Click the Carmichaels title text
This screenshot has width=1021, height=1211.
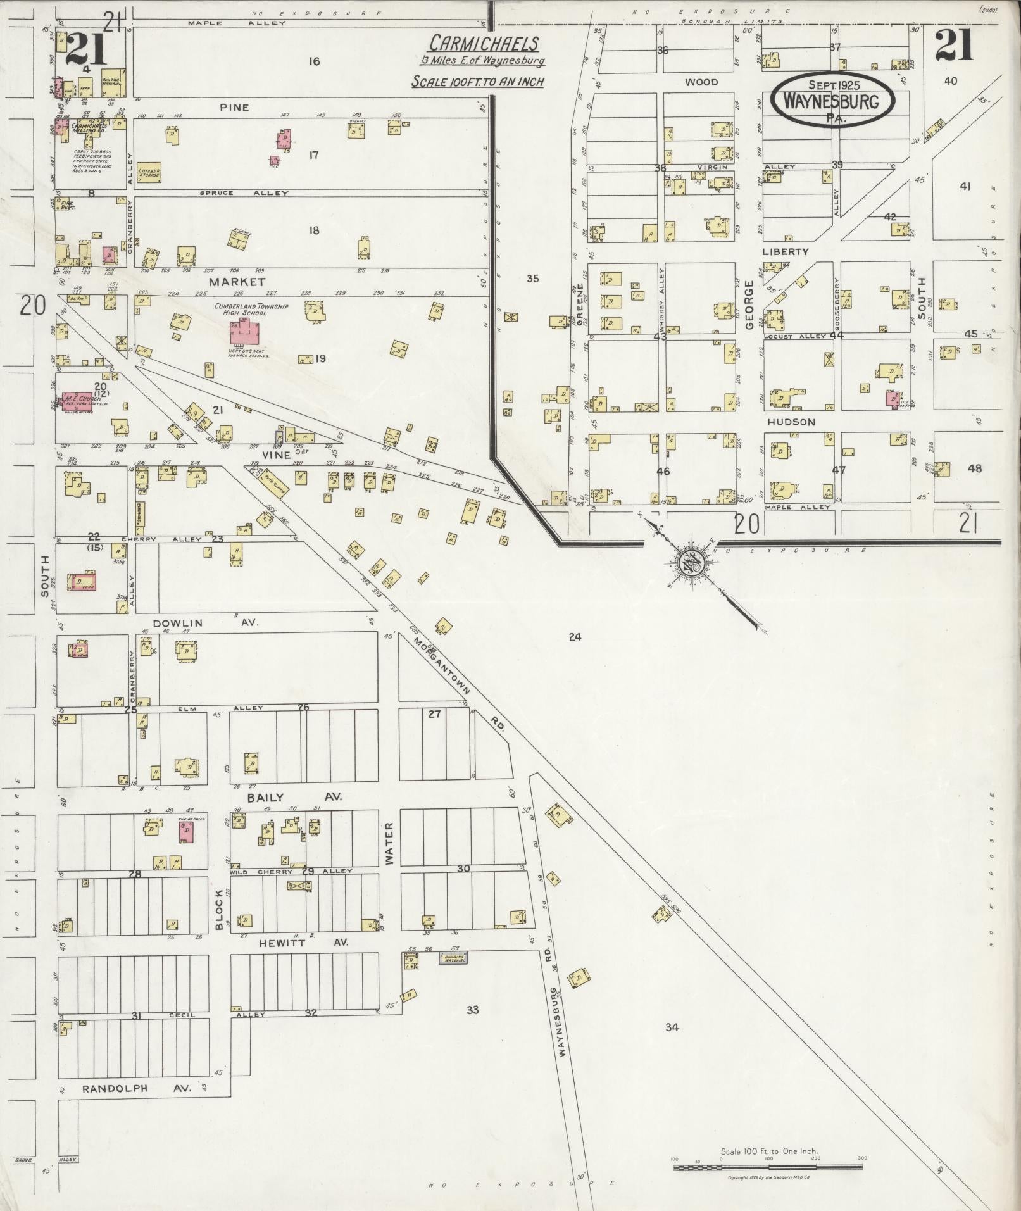coord(484,44)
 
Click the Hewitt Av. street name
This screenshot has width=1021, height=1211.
coord(297,943)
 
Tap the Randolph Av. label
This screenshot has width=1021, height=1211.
coord(137,1089)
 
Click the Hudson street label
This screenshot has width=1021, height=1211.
coord(791,422)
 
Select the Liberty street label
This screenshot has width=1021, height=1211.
coord(786,251)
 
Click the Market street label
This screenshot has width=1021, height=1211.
coord(237,282)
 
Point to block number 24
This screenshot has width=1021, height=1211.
coord(574,637)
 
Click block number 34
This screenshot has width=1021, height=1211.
coord(672,1027)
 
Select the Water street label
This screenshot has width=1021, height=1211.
coord(389,843)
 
